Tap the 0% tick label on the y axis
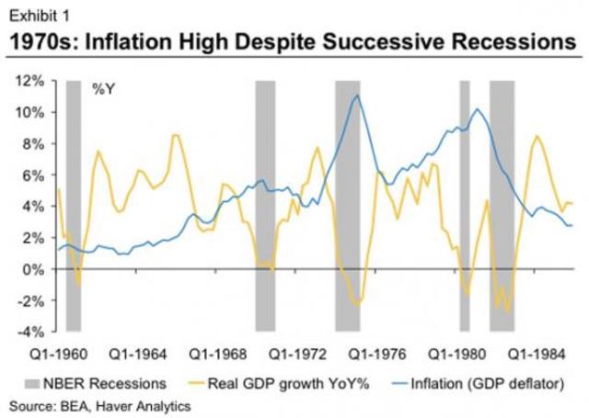point(36,269)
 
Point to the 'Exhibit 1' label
point(37,13)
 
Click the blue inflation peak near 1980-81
point(477,109)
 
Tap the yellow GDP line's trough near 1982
point(507,311)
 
